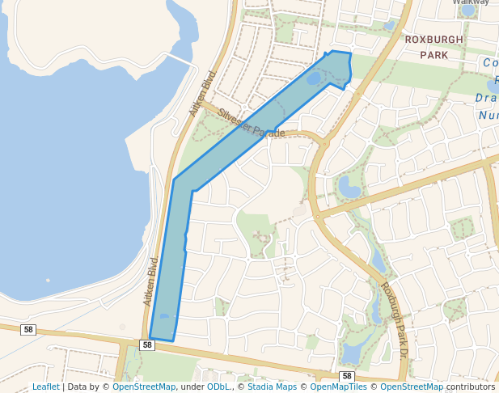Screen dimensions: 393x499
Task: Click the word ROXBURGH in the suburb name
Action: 434,39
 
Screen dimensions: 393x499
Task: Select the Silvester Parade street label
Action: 252,124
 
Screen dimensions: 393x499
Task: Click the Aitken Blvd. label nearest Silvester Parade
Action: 205,91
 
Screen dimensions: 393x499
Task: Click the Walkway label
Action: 471,2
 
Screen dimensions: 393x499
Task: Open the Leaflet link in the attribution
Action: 45,387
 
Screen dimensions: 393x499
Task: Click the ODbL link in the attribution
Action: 218,387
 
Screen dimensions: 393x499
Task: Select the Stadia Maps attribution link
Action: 272,387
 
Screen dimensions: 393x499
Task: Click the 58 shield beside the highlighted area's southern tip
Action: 146,345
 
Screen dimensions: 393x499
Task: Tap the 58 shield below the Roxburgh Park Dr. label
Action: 347,377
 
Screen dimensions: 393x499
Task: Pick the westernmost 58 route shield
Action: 28,329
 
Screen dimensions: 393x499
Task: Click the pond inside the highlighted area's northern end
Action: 314,78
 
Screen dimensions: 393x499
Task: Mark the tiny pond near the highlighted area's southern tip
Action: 165,316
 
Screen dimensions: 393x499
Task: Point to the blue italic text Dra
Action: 488,98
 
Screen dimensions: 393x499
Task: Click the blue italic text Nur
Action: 488,116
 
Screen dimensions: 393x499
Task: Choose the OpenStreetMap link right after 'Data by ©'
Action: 144,387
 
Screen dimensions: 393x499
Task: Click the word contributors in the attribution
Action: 471,387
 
